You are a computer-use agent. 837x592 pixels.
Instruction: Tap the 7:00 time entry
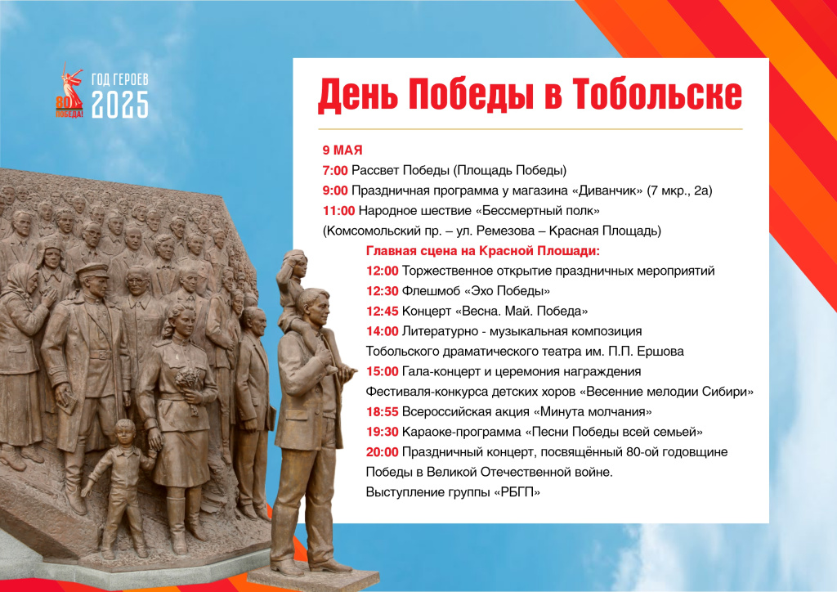click(334, 170)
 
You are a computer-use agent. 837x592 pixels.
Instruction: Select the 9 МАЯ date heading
click(342, 150)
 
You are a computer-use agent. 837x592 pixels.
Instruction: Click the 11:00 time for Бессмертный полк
click(338, 211)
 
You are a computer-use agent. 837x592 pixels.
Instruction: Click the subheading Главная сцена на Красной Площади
click(482, 251)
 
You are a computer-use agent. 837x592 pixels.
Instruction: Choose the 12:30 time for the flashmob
click(383, 291)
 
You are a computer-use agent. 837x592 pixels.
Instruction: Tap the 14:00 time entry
click(383, 331)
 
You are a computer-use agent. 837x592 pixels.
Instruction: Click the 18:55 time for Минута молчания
click(383, 411)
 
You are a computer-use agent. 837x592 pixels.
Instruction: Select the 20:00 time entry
click(383, 452)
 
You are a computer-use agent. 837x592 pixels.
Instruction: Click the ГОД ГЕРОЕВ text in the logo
click(119, 79)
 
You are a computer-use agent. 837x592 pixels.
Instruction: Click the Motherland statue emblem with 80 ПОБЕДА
click(69, 91)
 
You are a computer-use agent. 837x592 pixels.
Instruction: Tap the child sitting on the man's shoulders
click(293, 289)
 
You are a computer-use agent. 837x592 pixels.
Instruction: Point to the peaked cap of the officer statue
click(92, 271)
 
